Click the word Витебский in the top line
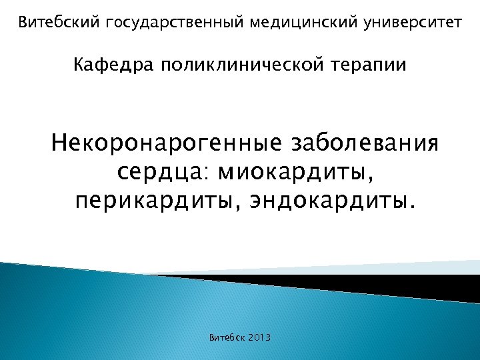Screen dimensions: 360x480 click(x=58, y=23)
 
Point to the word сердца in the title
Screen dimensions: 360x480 click(x=159, y=173)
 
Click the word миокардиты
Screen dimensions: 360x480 click(x=297, y=173)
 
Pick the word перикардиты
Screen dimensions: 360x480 click(x=156, y=201)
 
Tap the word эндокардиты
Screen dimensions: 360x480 click(x=327, y=201)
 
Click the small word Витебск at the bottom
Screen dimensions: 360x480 click(x=227, y=338)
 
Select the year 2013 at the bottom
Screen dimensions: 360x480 click(x=260, y=338)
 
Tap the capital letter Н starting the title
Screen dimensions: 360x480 click(x=61, y=143)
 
